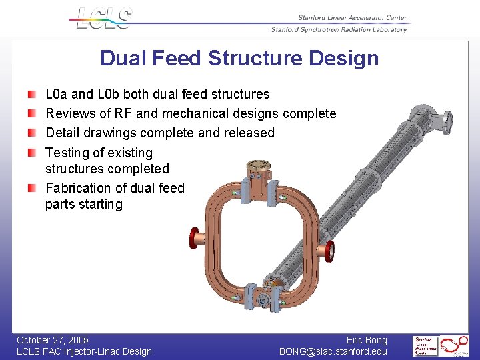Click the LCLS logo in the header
[x=104, y=18]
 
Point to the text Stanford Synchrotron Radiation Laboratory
[x=339, y=29]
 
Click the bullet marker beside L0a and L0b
[x=32, y=94]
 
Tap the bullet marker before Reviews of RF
[x=32, y=113]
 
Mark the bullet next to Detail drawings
[x=32, y=133]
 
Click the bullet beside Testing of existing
[x=32, y=153]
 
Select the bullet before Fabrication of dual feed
[x=32, y=188]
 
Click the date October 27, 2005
[x=53, y=340]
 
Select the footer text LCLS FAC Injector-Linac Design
[x=84, y=351]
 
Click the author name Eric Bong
[x=367, y=340]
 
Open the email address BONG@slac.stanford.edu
[x=333, y=351]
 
